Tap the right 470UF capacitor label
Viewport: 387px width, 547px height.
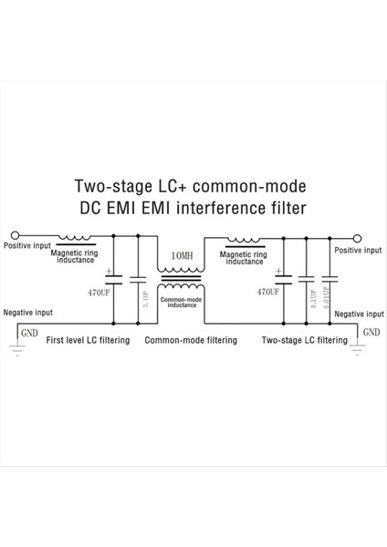click(x=268, y=293)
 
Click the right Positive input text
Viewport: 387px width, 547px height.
click(x=357, y=250)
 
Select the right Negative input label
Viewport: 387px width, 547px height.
click(x=356, y=314)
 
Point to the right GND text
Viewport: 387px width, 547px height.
click(x=371, y=333)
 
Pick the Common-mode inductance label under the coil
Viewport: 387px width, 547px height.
click(x=181, y=303)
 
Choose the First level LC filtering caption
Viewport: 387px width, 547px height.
click(x=87, y=340)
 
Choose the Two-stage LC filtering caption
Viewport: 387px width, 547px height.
click(x=304, y=340)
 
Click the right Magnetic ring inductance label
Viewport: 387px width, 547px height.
click(x=244, y=258)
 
